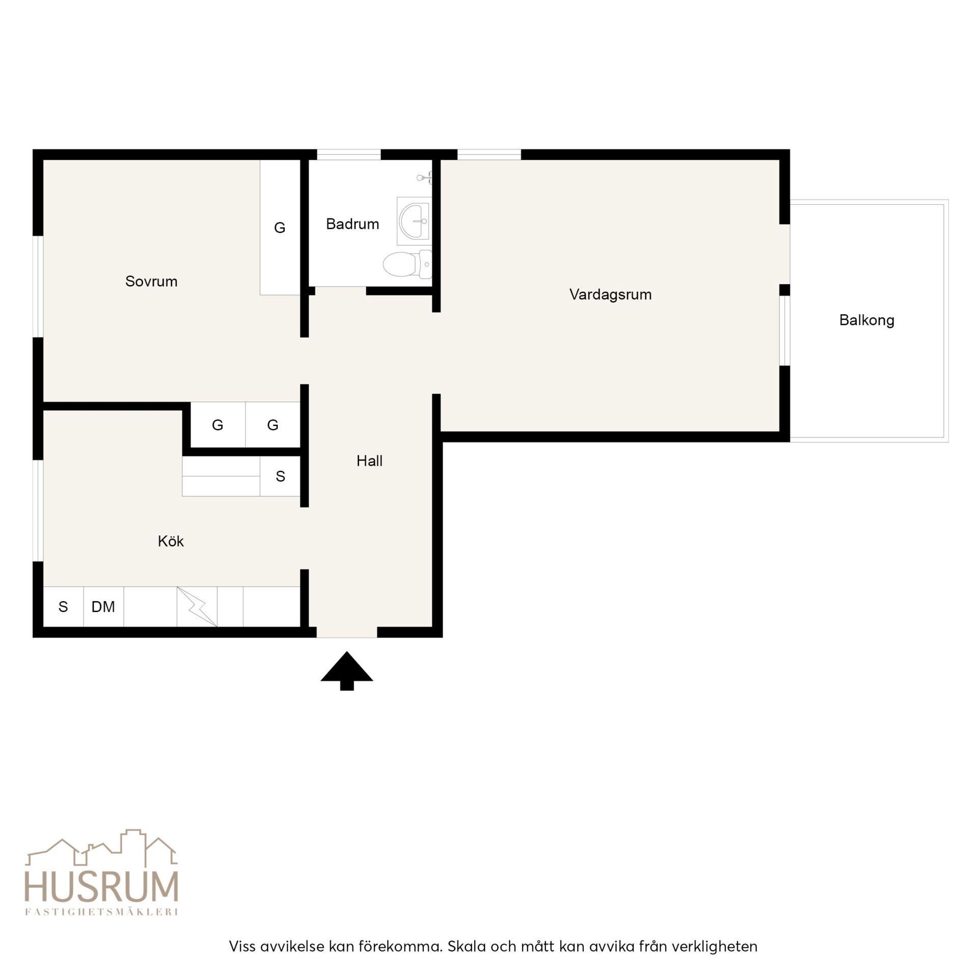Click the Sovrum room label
tap(151, 281)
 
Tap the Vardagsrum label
tap(610, 294)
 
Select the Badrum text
tap(352, 224)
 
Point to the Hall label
tap(369, 461)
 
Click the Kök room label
tap(171, 541)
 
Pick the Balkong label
tap(866, 320)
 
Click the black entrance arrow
tap(347, 671)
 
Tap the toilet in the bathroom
tap(407, 264)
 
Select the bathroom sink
tap(414, 221)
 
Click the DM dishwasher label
tap(103, 607)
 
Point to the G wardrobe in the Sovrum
tap(280, 228)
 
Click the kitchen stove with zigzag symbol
tap(197, 607)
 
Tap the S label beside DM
tap(63, 607)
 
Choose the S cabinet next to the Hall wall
tap(280, 476)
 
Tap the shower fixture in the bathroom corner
tap(424, 178)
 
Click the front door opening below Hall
tap(347, 632)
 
